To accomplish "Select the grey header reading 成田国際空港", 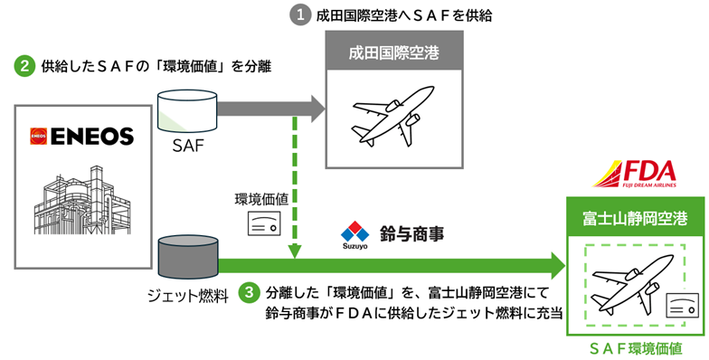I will (393, 53).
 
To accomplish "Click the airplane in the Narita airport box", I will (393, 118).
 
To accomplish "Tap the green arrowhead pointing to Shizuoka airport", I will (555, 265).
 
